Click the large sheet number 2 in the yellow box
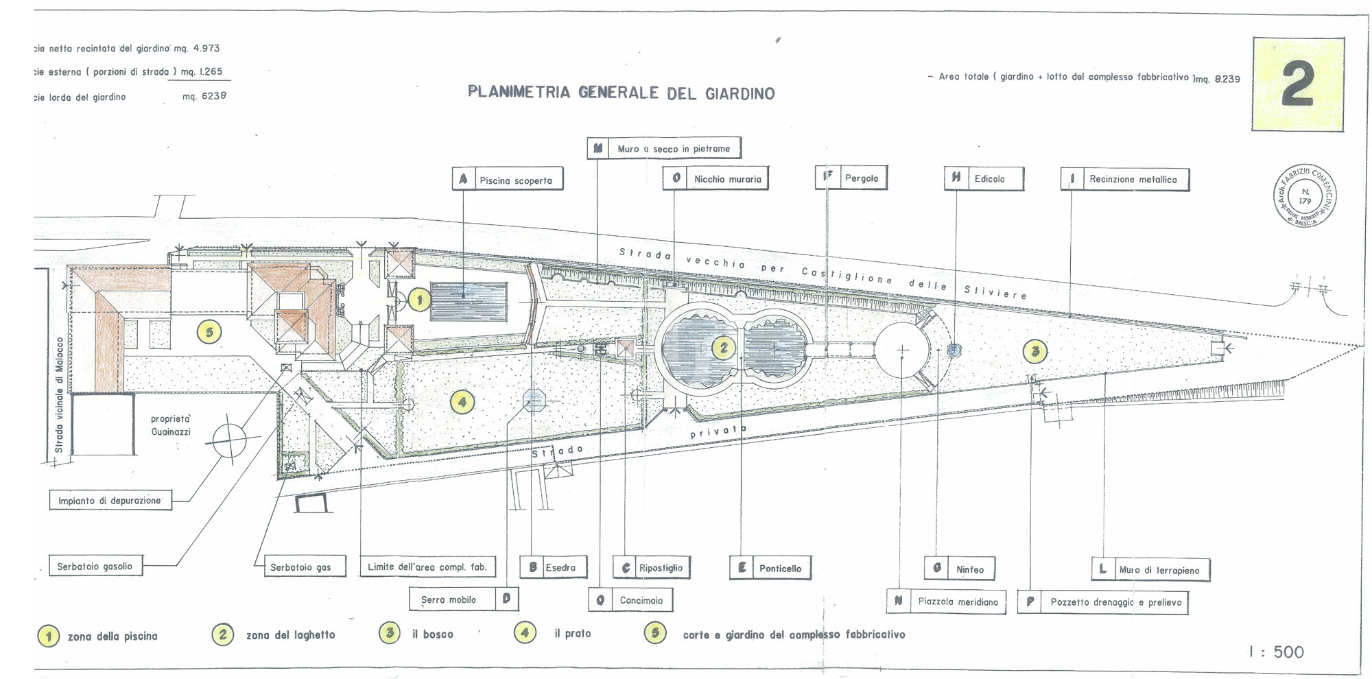pos(1297,84)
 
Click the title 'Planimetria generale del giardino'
pos(621,93)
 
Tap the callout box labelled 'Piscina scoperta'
pos(508,180)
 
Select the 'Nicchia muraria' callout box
pos(715,179)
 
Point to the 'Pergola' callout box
pos(851,178)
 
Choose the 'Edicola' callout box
pos(984,178)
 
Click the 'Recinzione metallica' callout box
pos(1125,179)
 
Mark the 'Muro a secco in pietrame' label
pos(664,148)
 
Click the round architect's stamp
pos(1305,196)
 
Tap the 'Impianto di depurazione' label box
pos(110,501)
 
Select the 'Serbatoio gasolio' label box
pos(95,567)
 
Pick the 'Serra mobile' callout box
pos(463,599)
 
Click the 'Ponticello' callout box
pos(770,568)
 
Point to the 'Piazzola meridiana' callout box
pos(947,601)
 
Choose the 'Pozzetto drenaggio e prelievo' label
pos(1103,602)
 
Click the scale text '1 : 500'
pos(1276,652)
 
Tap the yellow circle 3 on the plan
pos(1035,352)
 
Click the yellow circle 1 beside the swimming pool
pos(419,300)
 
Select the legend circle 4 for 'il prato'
pos(525,632)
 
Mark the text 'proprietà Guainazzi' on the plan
pos(171,425)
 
